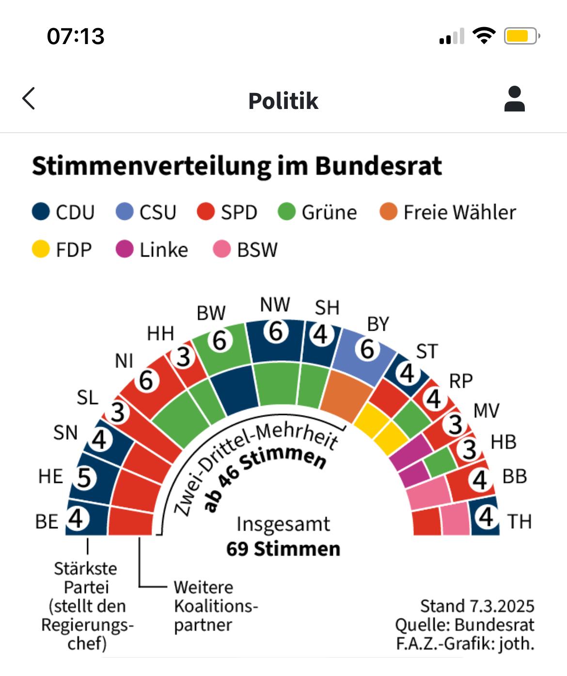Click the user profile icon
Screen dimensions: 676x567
pyautogui.click(x=514, y=99)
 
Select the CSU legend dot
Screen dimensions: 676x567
pyautogui.click(x=125, y=212)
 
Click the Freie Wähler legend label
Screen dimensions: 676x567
pyautogui.click(x=459, y=213)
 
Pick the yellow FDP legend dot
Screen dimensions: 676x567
pyautogui.click(x=41, y=250)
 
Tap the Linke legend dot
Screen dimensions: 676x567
pyautogui.click(x=125, y=250)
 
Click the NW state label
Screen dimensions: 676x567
pyautogui.click(x=275, y=305)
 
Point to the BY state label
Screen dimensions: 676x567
pyautogui.click(x=378, y=324)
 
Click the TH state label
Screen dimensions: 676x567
pyautogui.click(x=520, y=522)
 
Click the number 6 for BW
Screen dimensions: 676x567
pyautogui.click(x=220, y=341)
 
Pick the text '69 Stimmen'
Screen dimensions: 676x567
pyautogui.click(x=283, y=549)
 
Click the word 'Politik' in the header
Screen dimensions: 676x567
pyautogui.click(x=283, y=101)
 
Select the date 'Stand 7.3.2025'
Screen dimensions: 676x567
pyautogui.click(x=477, y=606)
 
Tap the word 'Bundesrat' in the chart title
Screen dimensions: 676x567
pyautogui.click(x=378, y=166)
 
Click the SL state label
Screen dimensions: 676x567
pyautogui.click(x=88, y=398)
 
